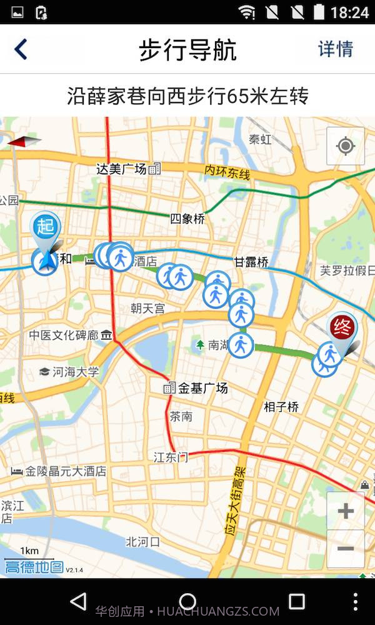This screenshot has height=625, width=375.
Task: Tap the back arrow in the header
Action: click(21, 49)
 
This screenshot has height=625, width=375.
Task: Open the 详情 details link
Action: click(336, 49)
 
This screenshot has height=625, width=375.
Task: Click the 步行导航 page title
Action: click(187, 50)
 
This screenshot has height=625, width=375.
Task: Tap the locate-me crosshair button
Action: click(345, 146)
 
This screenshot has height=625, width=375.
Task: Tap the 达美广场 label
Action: click(122, 168)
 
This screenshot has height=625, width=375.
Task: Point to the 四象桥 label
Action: click(187, 219)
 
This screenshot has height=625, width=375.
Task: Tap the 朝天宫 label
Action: click(148, 308)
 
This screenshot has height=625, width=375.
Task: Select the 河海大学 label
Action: click(75, 372)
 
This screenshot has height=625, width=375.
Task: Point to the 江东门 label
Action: click(170, 457)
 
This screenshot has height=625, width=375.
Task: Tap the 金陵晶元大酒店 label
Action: click(65, 471)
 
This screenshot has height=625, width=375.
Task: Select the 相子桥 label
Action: click(281, 407)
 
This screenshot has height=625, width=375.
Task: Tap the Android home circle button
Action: click(187, 602)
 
